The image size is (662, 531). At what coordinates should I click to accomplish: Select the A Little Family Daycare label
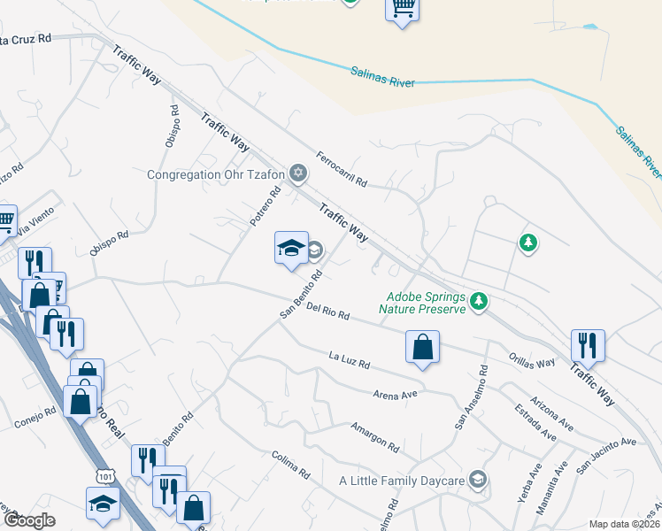click(403, 481)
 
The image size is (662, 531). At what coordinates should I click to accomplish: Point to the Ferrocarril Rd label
click(341, 168)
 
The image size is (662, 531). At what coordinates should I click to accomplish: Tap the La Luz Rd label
click(349, 360)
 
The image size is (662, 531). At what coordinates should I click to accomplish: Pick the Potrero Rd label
click(265, 206)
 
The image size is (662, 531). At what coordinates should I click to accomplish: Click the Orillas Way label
click(532, 361)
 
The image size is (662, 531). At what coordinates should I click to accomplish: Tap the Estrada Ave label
click(535, 423)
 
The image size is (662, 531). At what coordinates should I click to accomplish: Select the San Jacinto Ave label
click(606, 452)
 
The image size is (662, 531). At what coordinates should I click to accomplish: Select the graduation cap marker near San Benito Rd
click(291, 250)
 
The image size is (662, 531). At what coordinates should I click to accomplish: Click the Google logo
click(29, 520)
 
